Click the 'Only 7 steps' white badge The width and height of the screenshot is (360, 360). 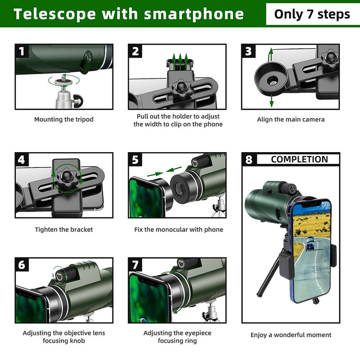(x=312, y=14)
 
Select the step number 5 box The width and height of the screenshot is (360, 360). (x=135, y=160)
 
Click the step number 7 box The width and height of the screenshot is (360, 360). (x=135, y=265)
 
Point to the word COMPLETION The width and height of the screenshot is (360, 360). (x=299, y=159)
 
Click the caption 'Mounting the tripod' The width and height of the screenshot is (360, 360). (x=64, y=120)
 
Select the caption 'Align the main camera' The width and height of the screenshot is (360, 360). (x=291, y=120)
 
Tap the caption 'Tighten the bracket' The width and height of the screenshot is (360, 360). (x=64, y=229)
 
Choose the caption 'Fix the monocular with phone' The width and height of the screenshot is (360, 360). (x=179, y=229)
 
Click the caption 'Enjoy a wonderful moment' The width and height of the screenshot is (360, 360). (x=291, y=335)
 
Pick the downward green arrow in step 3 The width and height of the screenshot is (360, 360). (x=271, y=101)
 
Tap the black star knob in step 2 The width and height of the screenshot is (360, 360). (x=181, y=86)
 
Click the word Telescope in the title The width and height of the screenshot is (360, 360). (x=53, y=14)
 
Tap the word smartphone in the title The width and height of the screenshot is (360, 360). (x=194, y=14)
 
